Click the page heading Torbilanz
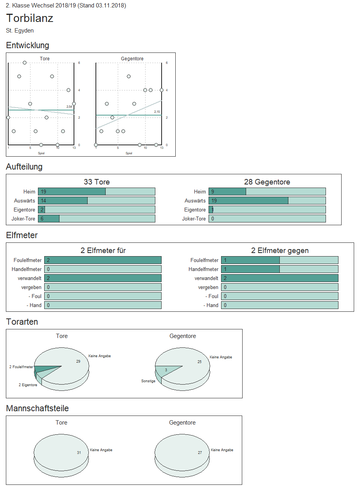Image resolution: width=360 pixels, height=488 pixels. (x=30, y=18)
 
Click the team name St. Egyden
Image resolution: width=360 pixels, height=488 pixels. (x=20, y=31)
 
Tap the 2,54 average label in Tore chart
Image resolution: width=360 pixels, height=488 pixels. (x=69, y=107)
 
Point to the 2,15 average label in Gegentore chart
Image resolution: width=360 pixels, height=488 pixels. (x=157, y=112)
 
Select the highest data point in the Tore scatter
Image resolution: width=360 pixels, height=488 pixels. (x=25, y=63)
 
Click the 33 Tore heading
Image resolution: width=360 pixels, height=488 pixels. (x=97, y=182)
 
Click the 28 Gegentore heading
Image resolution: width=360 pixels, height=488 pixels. (x=267, y=182)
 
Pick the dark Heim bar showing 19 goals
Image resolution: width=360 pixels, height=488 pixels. (x=72, y=192)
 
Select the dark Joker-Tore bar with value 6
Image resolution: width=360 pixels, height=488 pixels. (x=49, y=219)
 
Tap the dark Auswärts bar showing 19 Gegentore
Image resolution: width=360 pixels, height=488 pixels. (x=248, y=201)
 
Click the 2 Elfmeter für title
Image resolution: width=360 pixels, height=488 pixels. (x=103, y=251)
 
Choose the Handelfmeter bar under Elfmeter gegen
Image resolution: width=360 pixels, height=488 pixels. (x=250, y=269)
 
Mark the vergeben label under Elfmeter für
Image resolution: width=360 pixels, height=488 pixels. (x=32, y=287)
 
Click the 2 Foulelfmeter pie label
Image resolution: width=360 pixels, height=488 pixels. (x=21, y=367)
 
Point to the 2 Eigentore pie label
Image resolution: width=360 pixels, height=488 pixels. (x=28, y=385)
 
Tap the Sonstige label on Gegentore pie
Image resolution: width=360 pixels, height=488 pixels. (x=148, y=381)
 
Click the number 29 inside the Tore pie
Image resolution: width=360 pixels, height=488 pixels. (x=78, y=361)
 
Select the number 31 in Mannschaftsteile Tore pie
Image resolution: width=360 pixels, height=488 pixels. (x=79, y=453)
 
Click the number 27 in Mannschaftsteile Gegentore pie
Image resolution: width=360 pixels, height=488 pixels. (x=200, y=453)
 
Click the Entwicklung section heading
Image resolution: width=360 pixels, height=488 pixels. (x=28, y=45)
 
